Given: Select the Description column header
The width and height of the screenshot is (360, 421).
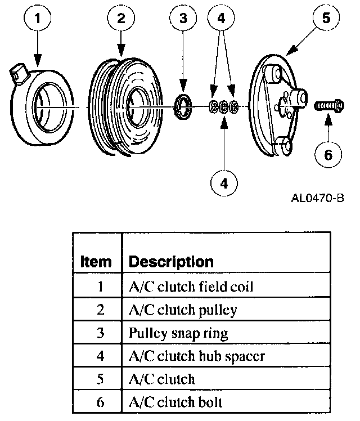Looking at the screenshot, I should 172,262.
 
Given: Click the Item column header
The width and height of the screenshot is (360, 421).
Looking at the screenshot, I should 96,262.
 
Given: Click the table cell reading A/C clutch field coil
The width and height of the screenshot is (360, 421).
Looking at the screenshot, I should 191,286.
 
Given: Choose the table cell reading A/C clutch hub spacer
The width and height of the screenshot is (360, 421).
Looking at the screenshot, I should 197,356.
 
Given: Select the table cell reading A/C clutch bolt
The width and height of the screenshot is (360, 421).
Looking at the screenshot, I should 175,402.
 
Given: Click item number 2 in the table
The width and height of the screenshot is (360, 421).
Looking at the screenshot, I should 101,310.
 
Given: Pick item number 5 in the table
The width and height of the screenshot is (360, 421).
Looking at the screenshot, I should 101,379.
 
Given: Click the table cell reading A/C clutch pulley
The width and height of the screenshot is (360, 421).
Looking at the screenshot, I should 183,310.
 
